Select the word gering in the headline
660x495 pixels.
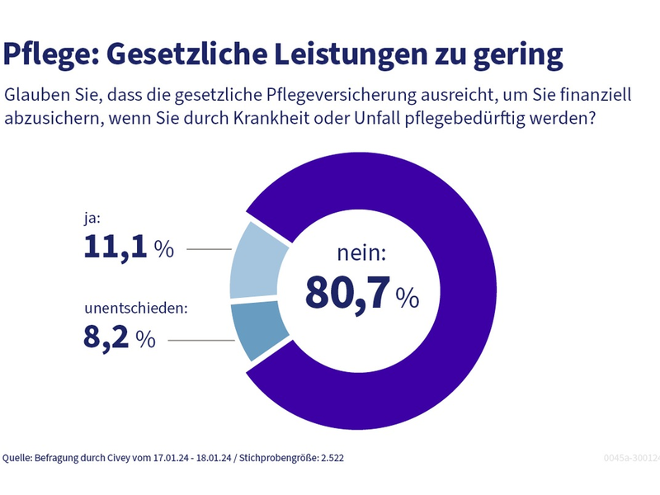click(516, 55)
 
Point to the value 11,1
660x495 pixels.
click(115, 247)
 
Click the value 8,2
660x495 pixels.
click(107, 338)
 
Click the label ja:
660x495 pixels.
click(93, 219)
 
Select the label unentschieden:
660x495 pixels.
click(136, 310)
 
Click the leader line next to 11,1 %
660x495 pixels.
click(210, 248)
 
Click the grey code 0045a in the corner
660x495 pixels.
click(619, 457)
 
